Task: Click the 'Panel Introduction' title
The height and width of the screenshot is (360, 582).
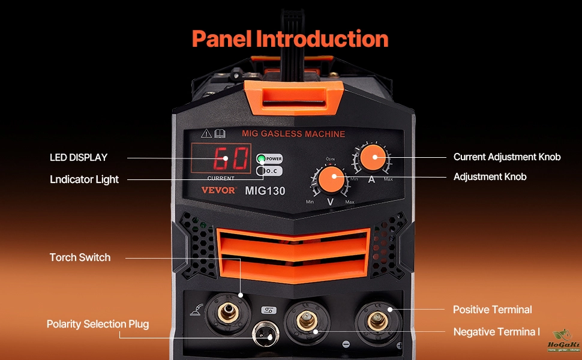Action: tap(290, 39)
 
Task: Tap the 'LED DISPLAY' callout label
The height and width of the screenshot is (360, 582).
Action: tap(79, 157)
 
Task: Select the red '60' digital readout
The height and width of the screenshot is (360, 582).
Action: tap(223, 160)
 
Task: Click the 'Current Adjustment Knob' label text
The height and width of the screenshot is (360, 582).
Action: tap(507, 157)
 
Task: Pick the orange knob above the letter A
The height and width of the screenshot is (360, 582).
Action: tap(376, 157)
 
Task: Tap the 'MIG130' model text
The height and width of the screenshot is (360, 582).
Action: tap(265, 191)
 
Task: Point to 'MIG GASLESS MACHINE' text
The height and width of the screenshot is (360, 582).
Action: tap(293, 133)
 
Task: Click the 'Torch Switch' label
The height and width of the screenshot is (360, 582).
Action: tap(80, 257)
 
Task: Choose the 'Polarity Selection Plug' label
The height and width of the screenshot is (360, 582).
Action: tap(98, 324)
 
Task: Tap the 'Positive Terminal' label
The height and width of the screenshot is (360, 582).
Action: tap(492, 310)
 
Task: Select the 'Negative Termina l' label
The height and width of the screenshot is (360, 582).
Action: tap(497, 332)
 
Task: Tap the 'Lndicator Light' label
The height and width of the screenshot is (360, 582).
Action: tap(84, 179)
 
